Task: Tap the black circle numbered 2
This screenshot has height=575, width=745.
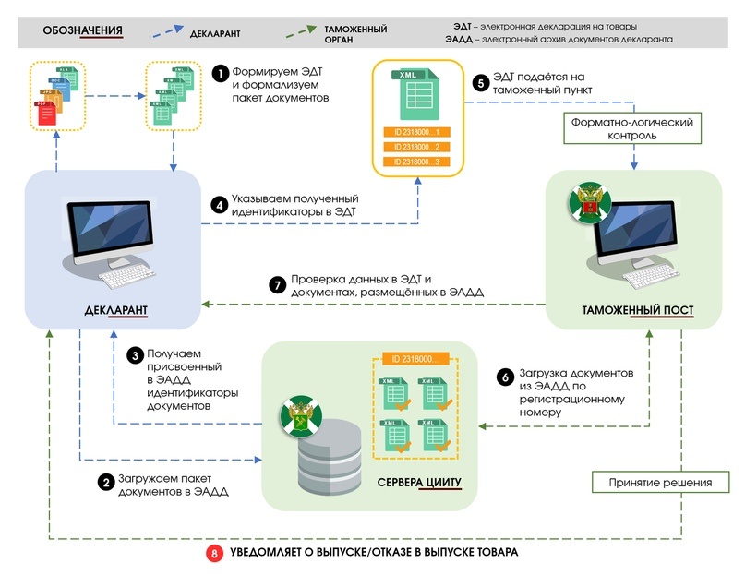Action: tap(106, 482)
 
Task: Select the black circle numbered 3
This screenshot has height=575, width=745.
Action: tap(134, 354)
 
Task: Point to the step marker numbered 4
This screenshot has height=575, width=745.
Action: tap(220, 206)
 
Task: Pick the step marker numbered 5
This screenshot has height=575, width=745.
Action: tap(480, 82)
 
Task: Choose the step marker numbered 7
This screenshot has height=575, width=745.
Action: tap(275, 285)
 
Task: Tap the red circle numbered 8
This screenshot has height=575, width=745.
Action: tap(216, 553)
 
